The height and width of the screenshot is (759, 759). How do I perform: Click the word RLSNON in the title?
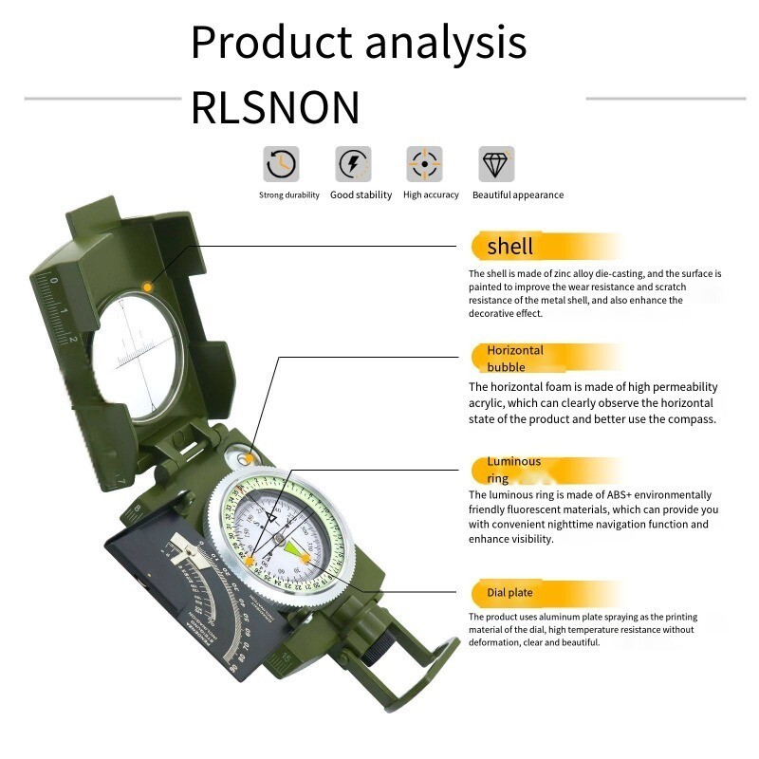(x=275, y=107)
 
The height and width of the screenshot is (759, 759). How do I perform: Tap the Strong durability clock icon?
(x=281, y=164)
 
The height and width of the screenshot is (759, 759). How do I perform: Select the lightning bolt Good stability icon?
(x=353, y=164)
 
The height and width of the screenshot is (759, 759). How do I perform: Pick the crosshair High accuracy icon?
(x=424, y=164)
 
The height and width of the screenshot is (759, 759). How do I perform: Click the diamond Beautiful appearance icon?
(x=496, y=164)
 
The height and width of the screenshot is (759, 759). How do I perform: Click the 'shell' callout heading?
(x=509, y=247)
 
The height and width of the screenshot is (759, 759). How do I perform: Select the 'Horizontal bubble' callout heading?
(x=515, y=358)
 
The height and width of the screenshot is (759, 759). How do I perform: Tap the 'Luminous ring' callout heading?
(x=513, y=470)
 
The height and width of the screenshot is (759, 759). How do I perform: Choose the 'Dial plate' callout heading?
(x=509, y=593)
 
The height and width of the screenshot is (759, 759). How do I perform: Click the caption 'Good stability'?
(x=361, y=195)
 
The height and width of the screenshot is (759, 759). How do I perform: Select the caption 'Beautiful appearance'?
(x=518, y=195)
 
